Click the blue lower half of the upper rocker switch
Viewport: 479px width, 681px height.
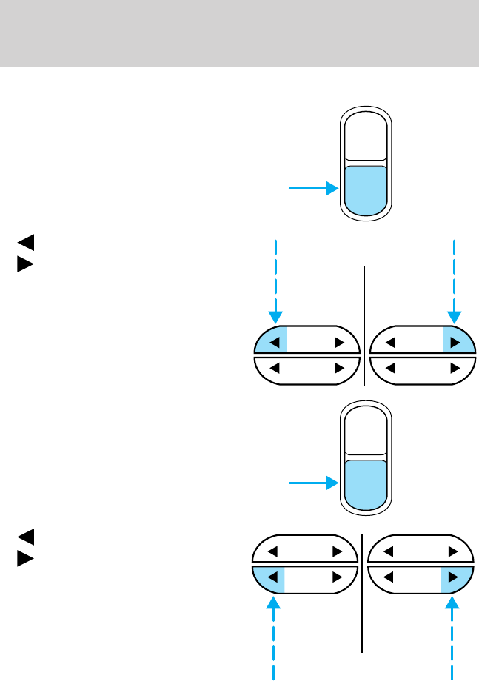click(364, 189)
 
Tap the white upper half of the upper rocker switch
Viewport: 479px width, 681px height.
click(364, 136)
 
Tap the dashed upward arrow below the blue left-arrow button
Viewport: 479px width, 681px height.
click(275, 629)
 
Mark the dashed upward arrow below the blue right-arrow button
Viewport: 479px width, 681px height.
click(453, 629)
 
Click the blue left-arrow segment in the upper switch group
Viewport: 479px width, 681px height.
click(271, 342)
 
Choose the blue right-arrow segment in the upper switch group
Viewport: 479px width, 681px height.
click(457, 342)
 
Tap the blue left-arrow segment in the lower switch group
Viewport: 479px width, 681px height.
click(270, 577)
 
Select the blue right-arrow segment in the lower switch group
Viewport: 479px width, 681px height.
click(455, 577)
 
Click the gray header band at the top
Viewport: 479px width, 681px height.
click(239, 33)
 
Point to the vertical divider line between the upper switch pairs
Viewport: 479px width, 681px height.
click(365, 326)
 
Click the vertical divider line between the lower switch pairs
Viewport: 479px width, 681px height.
click(363, 592)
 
